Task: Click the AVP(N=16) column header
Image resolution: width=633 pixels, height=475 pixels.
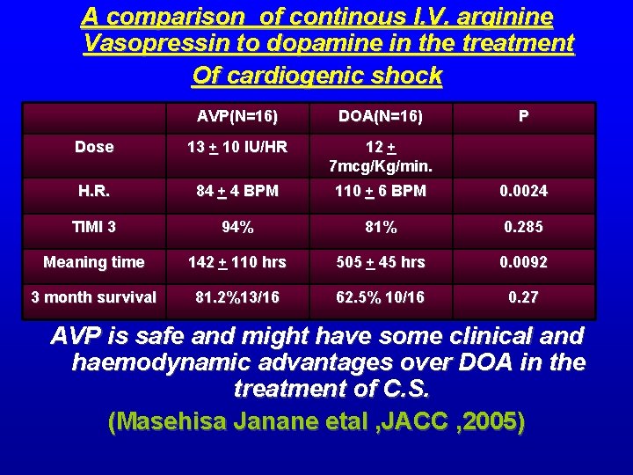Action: coord(237,117)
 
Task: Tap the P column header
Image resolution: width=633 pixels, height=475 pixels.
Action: coord(523,117)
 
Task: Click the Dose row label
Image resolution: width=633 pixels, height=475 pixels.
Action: coord(94,147)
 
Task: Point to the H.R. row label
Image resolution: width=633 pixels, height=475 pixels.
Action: coord(94,191)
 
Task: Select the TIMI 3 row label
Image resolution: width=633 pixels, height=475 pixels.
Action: coord(94,227)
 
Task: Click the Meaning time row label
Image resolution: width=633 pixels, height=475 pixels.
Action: coord(94,262)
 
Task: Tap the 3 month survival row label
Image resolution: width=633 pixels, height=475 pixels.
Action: coord(94,297)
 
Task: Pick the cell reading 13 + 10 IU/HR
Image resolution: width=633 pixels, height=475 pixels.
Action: coord(237,147)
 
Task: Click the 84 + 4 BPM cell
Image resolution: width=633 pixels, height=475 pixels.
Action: coord(237,191)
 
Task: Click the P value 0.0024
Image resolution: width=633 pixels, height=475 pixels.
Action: coord(523,191)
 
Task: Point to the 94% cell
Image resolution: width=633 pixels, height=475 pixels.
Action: coord(237,227)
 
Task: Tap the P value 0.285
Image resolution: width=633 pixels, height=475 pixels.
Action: coord(523,227)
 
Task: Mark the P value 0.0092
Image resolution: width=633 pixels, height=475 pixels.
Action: coord(523,262)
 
